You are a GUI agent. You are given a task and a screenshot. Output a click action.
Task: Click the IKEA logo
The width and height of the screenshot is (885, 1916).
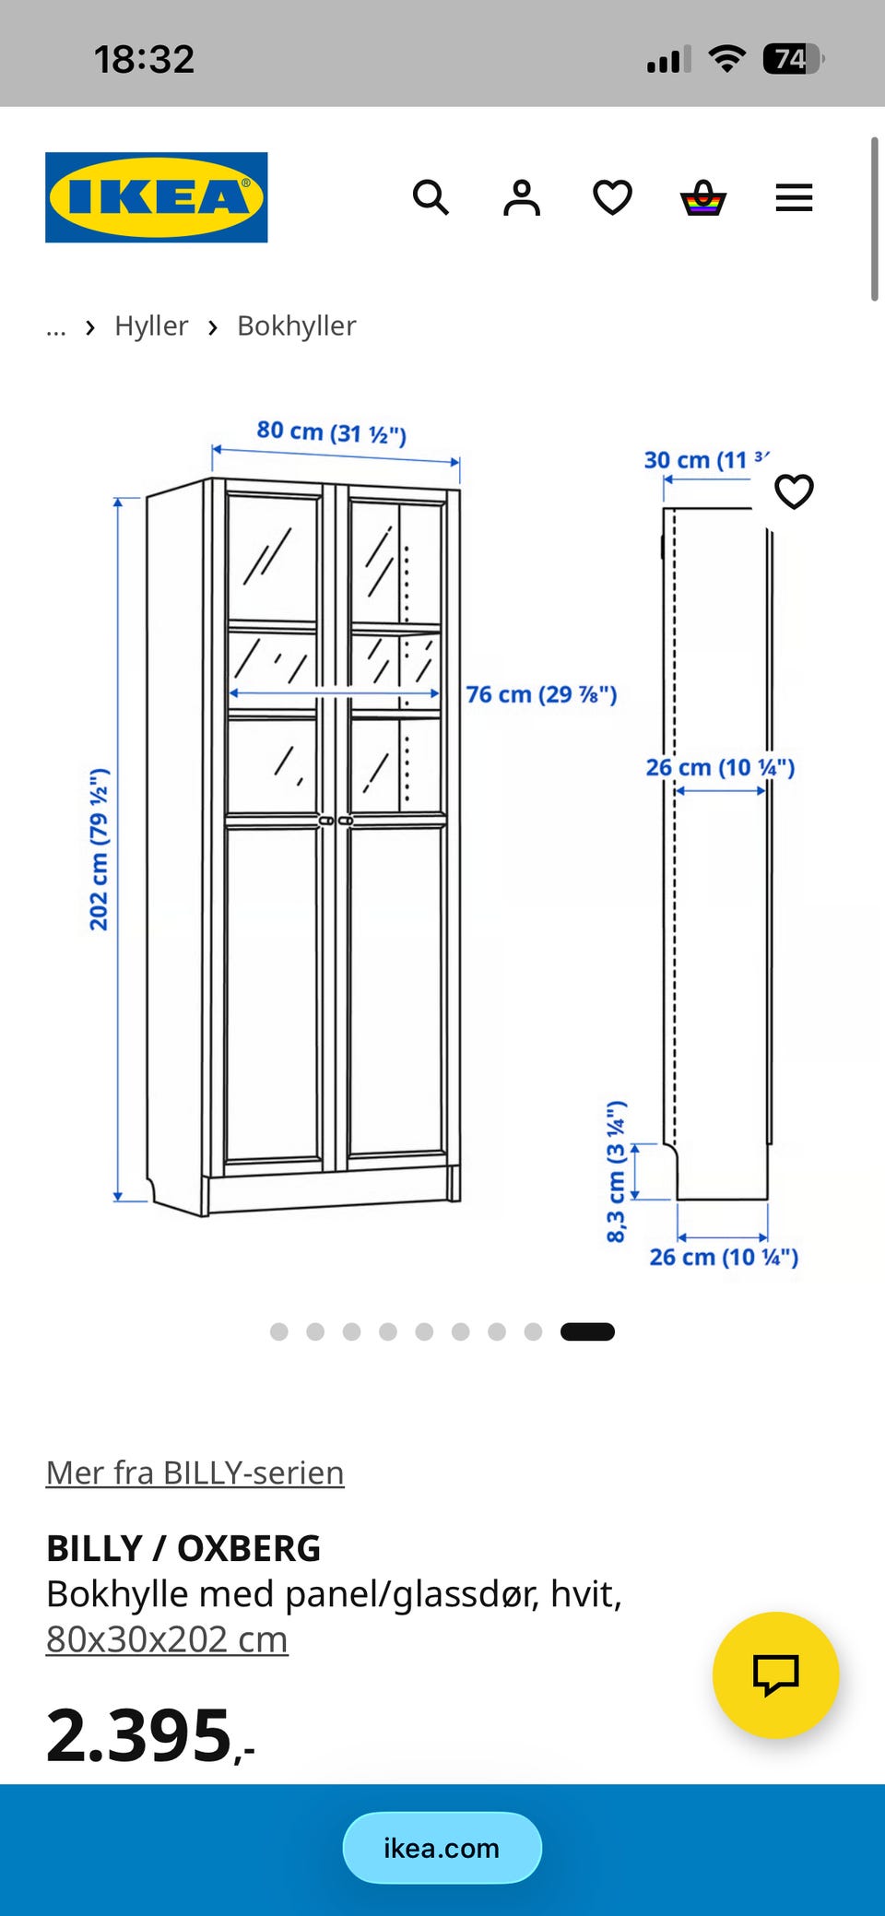pyautogui.click(x=157, y=197)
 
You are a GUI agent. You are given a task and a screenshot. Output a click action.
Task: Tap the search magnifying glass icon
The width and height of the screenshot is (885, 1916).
pyautogui.click(x=431, y=197)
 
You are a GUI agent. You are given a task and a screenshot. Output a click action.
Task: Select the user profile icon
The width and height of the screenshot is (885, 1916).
pyautogui.click(x=522, y=197)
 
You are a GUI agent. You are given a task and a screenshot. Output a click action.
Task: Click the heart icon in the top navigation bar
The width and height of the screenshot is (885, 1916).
pyautogui.click(x=612, y=197)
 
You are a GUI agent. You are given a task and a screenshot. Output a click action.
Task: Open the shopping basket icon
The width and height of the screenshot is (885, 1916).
pyautogui.click(x=703, y=197)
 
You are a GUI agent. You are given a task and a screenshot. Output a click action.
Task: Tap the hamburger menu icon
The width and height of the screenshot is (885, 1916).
pyautogui.click(x=794, y=197)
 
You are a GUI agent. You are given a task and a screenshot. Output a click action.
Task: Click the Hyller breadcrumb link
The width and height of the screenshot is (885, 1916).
pyautogui.click(x=151, y=325)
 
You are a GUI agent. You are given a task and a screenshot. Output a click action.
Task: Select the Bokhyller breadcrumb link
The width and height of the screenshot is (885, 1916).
pyautogui.click(x=297, y=325)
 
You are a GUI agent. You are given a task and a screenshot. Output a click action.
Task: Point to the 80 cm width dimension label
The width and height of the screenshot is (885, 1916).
pyautogui.click(x=332, y=432)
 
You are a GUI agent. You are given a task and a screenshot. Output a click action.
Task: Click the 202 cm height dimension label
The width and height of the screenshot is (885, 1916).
pyautogui.click(x=99, y=849)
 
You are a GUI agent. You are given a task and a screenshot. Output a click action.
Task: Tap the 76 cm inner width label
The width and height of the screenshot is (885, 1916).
pyautogui.click(x=541, y=694)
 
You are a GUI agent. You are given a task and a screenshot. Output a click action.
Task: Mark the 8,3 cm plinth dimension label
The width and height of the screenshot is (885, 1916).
pyautogui.click(x=616, y=1171)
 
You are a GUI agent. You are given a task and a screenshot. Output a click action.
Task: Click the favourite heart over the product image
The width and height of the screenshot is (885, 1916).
pyautogui.click(x=794, y=491)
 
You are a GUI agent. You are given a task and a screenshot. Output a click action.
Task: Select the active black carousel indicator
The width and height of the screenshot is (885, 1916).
pyautogui.click(x=587, y=1331)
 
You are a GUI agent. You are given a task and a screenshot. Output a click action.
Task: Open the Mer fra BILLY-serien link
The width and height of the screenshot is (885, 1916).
pyautogui.click(x=195, y=1472)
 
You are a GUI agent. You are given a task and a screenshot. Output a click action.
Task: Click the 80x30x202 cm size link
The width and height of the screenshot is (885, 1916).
pyautogui.click(x=167, y=1639)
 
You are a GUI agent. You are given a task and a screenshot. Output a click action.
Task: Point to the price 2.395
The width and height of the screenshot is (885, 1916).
pyautogui.click(x=150, y=1735)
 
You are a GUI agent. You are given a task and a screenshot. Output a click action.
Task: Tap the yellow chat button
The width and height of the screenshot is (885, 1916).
pyautogui.click(x=776, y=1675)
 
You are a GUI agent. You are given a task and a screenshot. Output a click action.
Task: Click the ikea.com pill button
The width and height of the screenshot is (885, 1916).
pyautogui.click(x=442, y=1848)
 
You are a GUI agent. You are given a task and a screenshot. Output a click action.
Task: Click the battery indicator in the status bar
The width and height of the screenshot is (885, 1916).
pyautogui.click(x=793, y=59)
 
